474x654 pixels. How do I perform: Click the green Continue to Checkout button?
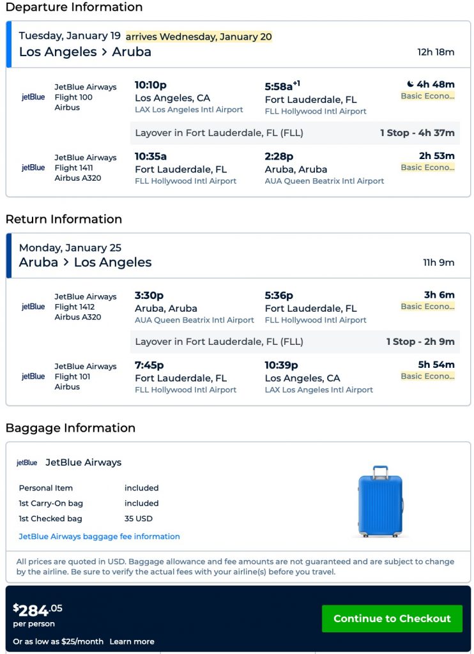coord(392,618)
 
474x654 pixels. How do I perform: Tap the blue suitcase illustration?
coord(381,501)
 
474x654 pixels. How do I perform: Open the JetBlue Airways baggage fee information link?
coord(99,536)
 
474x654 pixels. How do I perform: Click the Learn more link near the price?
coord(132,641)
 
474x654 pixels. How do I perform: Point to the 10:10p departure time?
coord(151,85)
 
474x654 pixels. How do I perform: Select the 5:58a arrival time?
coord(279,86)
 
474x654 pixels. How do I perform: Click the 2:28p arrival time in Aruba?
coord(279,156)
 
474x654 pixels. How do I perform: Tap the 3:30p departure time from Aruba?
coord(149,295)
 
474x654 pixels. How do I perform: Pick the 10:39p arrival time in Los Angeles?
coord(282,365)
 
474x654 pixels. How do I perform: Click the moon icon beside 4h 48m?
coord(410,84)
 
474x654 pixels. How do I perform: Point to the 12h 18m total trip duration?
coord(436,52)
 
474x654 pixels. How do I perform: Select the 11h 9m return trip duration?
coord(439,262)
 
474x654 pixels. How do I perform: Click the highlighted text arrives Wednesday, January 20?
coord(199,36)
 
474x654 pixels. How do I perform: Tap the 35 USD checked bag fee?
coord(139,519)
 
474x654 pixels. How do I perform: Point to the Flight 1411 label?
coord(73,167)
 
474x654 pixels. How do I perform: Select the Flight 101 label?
coord(71,376)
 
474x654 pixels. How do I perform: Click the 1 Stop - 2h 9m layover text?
coord(420,342)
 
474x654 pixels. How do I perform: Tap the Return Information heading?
coord(64,219)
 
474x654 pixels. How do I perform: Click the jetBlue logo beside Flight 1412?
coord(33,307)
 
